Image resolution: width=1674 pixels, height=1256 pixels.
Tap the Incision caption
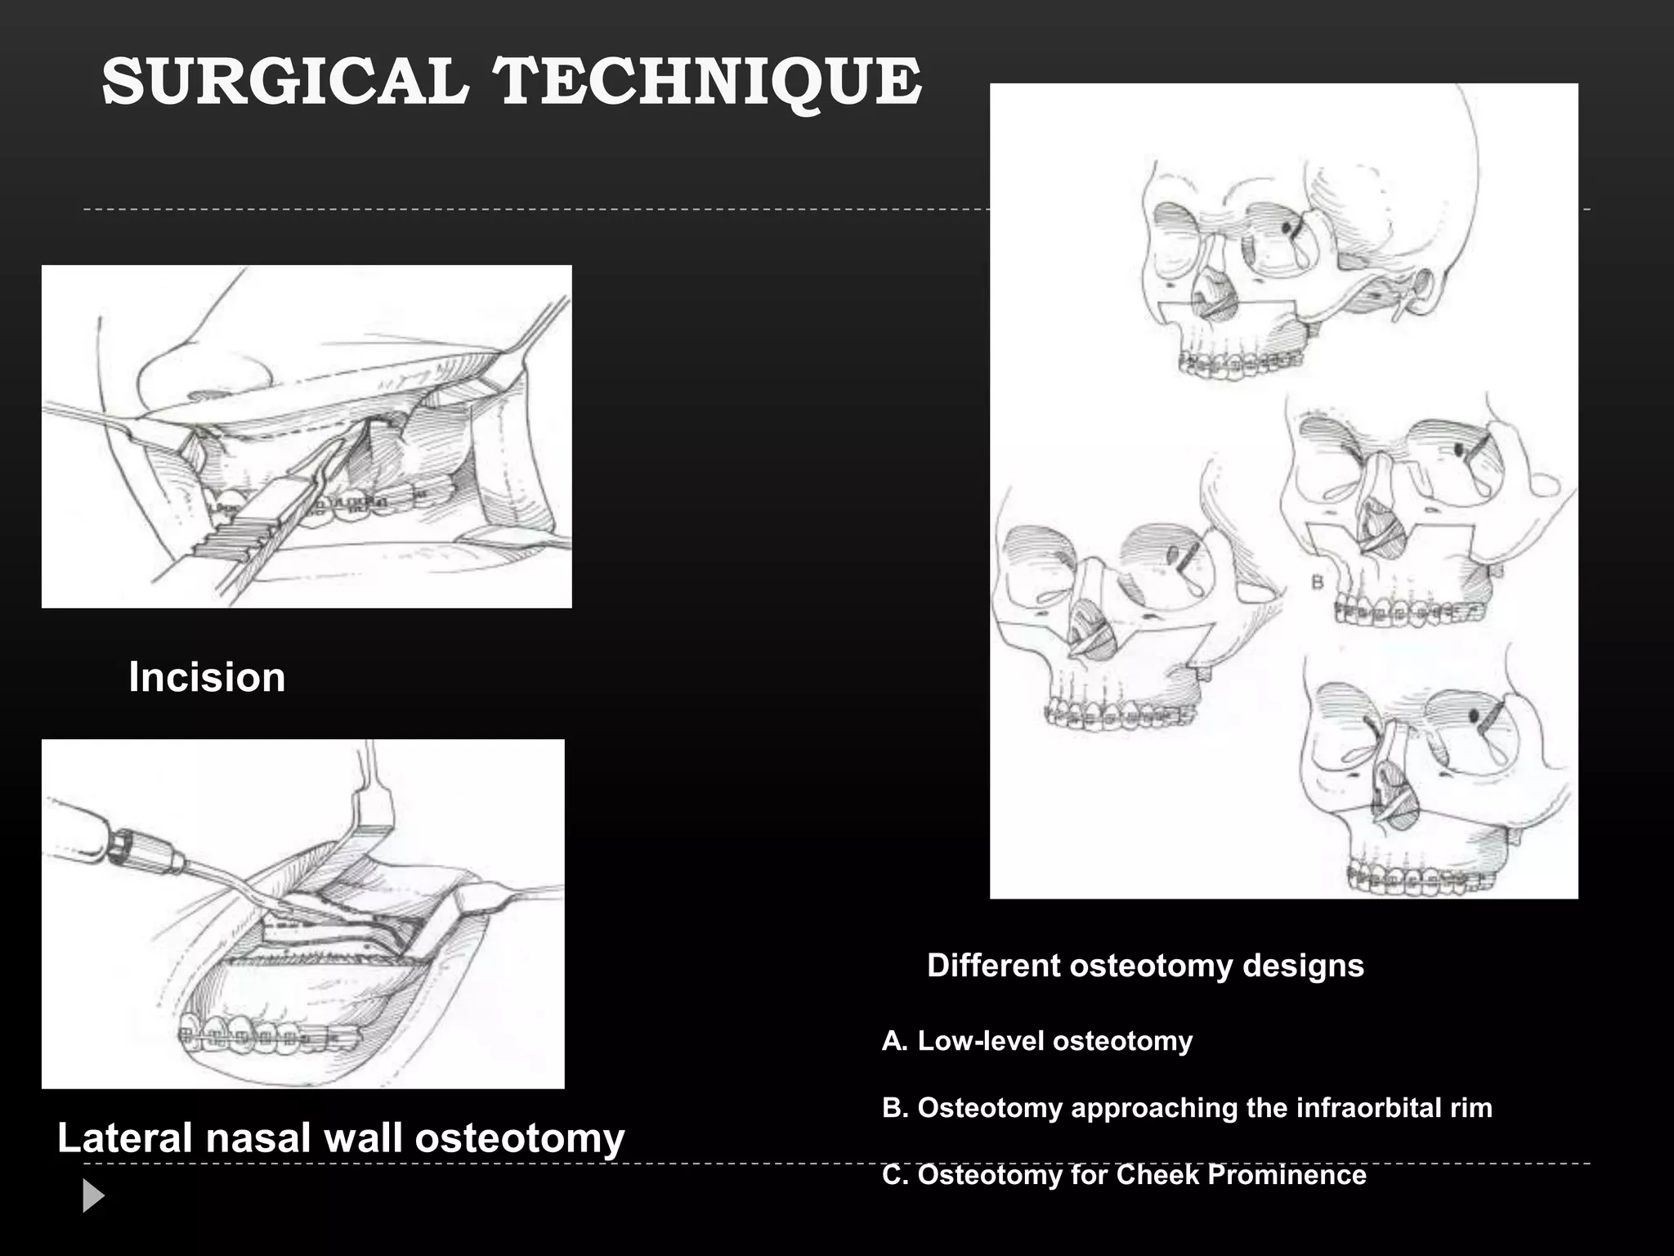207,677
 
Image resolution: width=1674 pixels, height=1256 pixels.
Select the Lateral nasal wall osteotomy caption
341,1137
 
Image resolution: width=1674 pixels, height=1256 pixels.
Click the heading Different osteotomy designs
1145,966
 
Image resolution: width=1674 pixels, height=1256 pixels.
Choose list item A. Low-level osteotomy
1037,1041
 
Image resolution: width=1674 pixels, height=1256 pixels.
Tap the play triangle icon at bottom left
93,1196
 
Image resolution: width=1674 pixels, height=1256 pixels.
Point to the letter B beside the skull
1317,582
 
